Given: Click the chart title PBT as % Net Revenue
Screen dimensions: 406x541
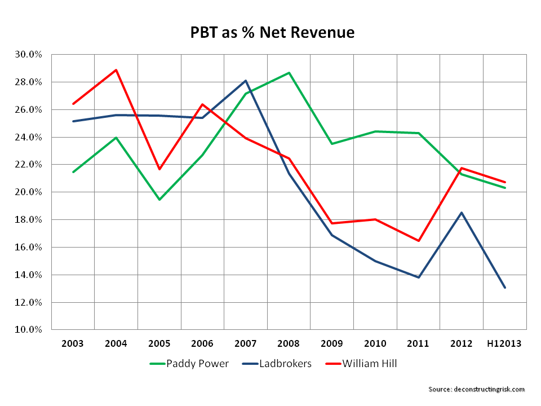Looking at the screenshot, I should click(272, 33).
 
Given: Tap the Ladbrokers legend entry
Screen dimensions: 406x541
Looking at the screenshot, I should click(285, 364).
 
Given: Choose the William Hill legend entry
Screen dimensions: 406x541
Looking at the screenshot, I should click(369, 364).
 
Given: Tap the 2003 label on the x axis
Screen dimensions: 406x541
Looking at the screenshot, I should click(73, 343).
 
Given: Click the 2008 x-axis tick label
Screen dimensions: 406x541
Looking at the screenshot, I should click(289, 343).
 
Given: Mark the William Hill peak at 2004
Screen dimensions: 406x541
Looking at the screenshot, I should click(116, 70).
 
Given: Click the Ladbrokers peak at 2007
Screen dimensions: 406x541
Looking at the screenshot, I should click(246, 81).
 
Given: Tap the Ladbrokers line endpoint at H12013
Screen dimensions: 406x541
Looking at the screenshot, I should click(505, 288).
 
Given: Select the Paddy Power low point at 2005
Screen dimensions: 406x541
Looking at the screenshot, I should click(159, 200).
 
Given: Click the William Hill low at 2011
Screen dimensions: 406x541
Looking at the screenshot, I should click(419, 241).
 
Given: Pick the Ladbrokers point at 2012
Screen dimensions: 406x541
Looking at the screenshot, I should click(462, 213).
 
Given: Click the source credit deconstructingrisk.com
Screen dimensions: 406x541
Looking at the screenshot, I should click(476, 389).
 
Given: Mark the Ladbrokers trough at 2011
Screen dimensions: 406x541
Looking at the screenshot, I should click(419, 277).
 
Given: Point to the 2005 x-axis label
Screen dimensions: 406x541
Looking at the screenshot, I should click(159, 343).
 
